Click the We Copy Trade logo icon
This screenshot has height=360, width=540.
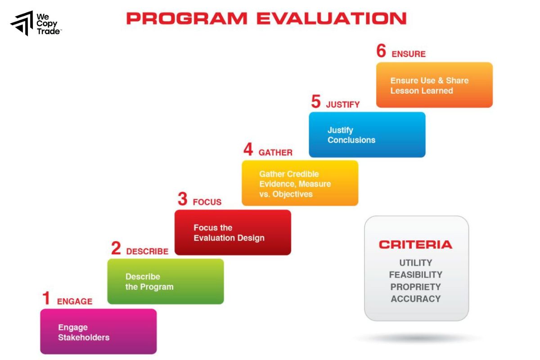22,23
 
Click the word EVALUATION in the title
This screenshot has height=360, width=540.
331,18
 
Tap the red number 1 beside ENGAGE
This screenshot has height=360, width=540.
46,299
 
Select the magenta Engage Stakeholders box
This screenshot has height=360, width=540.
98,332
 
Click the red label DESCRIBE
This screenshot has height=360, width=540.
147,252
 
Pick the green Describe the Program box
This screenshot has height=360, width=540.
165,282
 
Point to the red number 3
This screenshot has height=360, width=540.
182,199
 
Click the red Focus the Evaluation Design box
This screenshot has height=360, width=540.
233,233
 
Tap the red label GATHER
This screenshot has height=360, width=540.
275,153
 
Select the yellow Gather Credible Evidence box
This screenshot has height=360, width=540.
300,184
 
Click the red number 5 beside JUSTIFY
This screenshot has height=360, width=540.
316,102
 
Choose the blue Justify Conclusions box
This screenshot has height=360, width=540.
367,135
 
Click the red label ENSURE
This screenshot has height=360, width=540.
408,54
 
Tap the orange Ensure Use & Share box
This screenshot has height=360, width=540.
434,85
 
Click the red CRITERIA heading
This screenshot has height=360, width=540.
415,245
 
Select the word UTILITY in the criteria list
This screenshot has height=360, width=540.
415,263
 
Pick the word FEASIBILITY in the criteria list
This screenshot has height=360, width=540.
415,274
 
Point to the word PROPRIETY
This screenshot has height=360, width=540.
415,287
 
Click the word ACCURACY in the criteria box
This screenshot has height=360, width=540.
415,299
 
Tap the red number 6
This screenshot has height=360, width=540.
381,51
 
